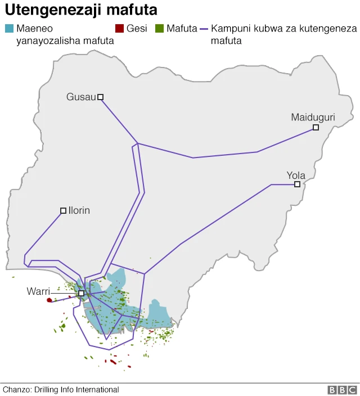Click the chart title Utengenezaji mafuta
(x=81, y=10)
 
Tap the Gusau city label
(x=81, y=97)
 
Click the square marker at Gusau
(x=101, y=97)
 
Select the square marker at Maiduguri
(x=316, y=128)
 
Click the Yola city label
(x=296, y=175)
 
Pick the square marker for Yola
(x=297, y=184)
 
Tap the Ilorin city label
(x=79, y=210)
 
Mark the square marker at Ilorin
(x=63, y=211)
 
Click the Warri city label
(x=38, y=291)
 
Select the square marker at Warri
(x=82, y=293)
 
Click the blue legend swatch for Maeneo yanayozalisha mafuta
(x=8, y=29)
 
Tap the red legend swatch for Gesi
(x=119, y=29)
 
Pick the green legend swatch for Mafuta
(x=159, y=29)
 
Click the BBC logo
(x=342, y=390)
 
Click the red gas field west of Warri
(x=49, y=300)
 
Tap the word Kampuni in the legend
(x=230, y=29)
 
